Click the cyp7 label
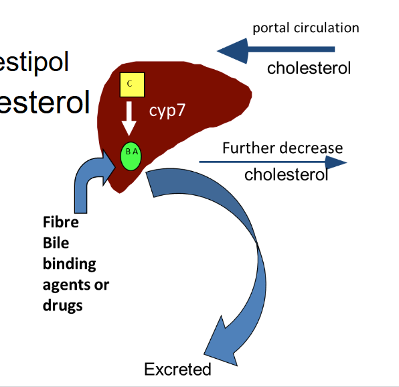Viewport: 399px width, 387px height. tap(167, 111)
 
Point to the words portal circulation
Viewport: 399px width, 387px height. tap(305, 28)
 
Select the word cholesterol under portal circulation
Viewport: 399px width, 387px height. tap(309, 68)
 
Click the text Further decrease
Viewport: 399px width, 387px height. tap(283, 148)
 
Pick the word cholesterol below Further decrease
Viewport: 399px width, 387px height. tap(286, 175)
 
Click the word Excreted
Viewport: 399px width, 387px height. tap(177, 369)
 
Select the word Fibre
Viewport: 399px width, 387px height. tap(60, 222)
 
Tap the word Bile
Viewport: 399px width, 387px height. tap(56, 242)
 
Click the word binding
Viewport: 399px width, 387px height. tap(69, 264)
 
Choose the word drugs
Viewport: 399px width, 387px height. tap(62, 305)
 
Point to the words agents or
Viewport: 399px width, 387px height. tap(76, 284)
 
